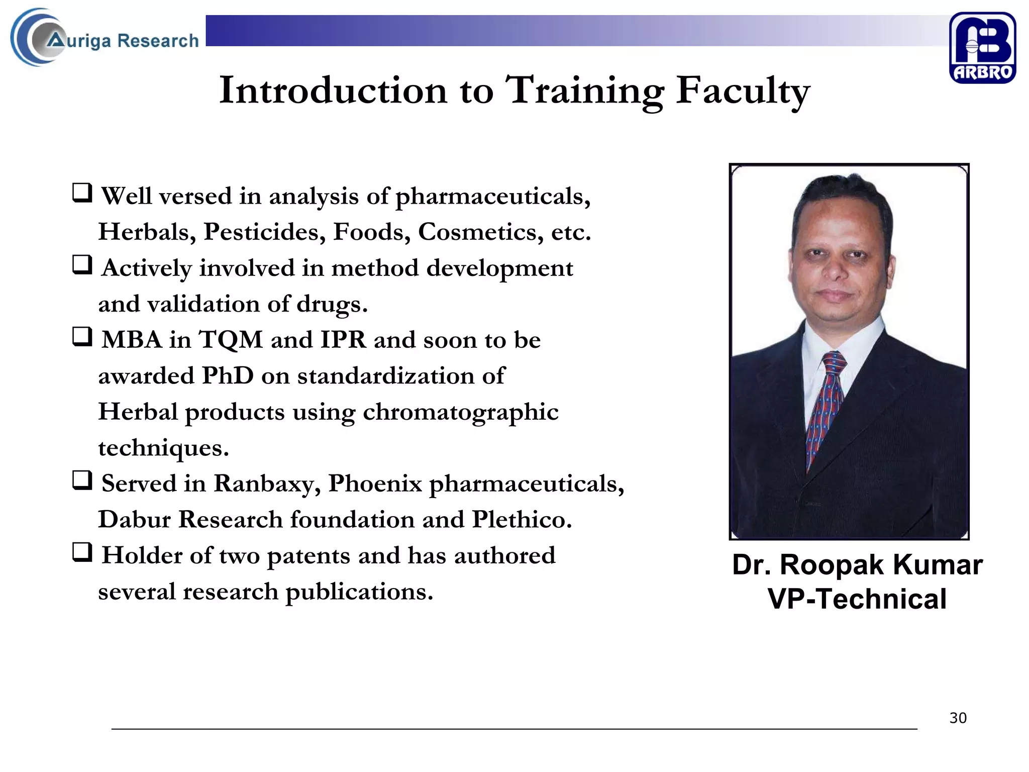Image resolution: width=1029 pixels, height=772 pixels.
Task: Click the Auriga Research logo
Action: click(105, 38)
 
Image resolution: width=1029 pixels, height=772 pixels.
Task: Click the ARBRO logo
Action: click(982, 48)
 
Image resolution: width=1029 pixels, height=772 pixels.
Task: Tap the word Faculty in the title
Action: click(742, 90)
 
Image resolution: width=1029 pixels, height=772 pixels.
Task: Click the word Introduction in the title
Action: click(333, 90)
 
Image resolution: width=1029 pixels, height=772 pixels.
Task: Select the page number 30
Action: click(958, 718)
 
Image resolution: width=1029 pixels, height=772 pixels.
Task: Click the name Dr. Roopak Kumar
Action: click(857, 564)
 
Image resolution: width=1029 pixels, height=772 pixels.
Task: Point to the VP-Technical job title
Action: click(857, 599)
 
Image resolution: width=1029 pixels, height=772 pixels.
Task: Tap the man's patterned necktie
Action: click(824, 402)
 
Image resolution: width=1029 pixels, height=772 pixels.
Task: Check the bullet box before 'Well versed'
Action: click(82, 192)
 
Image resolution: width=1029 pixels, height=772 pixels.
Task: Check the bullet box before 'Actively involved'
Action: click(82, 264)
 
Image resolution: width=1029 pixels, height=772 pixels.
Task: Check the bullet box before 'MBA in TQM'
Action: click(82, 336)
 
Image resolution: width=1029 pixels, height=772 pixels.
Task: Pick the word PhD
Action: click(227, 375)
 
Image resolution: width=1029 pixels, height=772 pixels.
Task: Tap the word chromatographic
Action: click(460, 412)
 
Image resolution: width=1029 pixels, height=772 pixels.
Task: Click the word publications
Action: click(359, 592)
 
